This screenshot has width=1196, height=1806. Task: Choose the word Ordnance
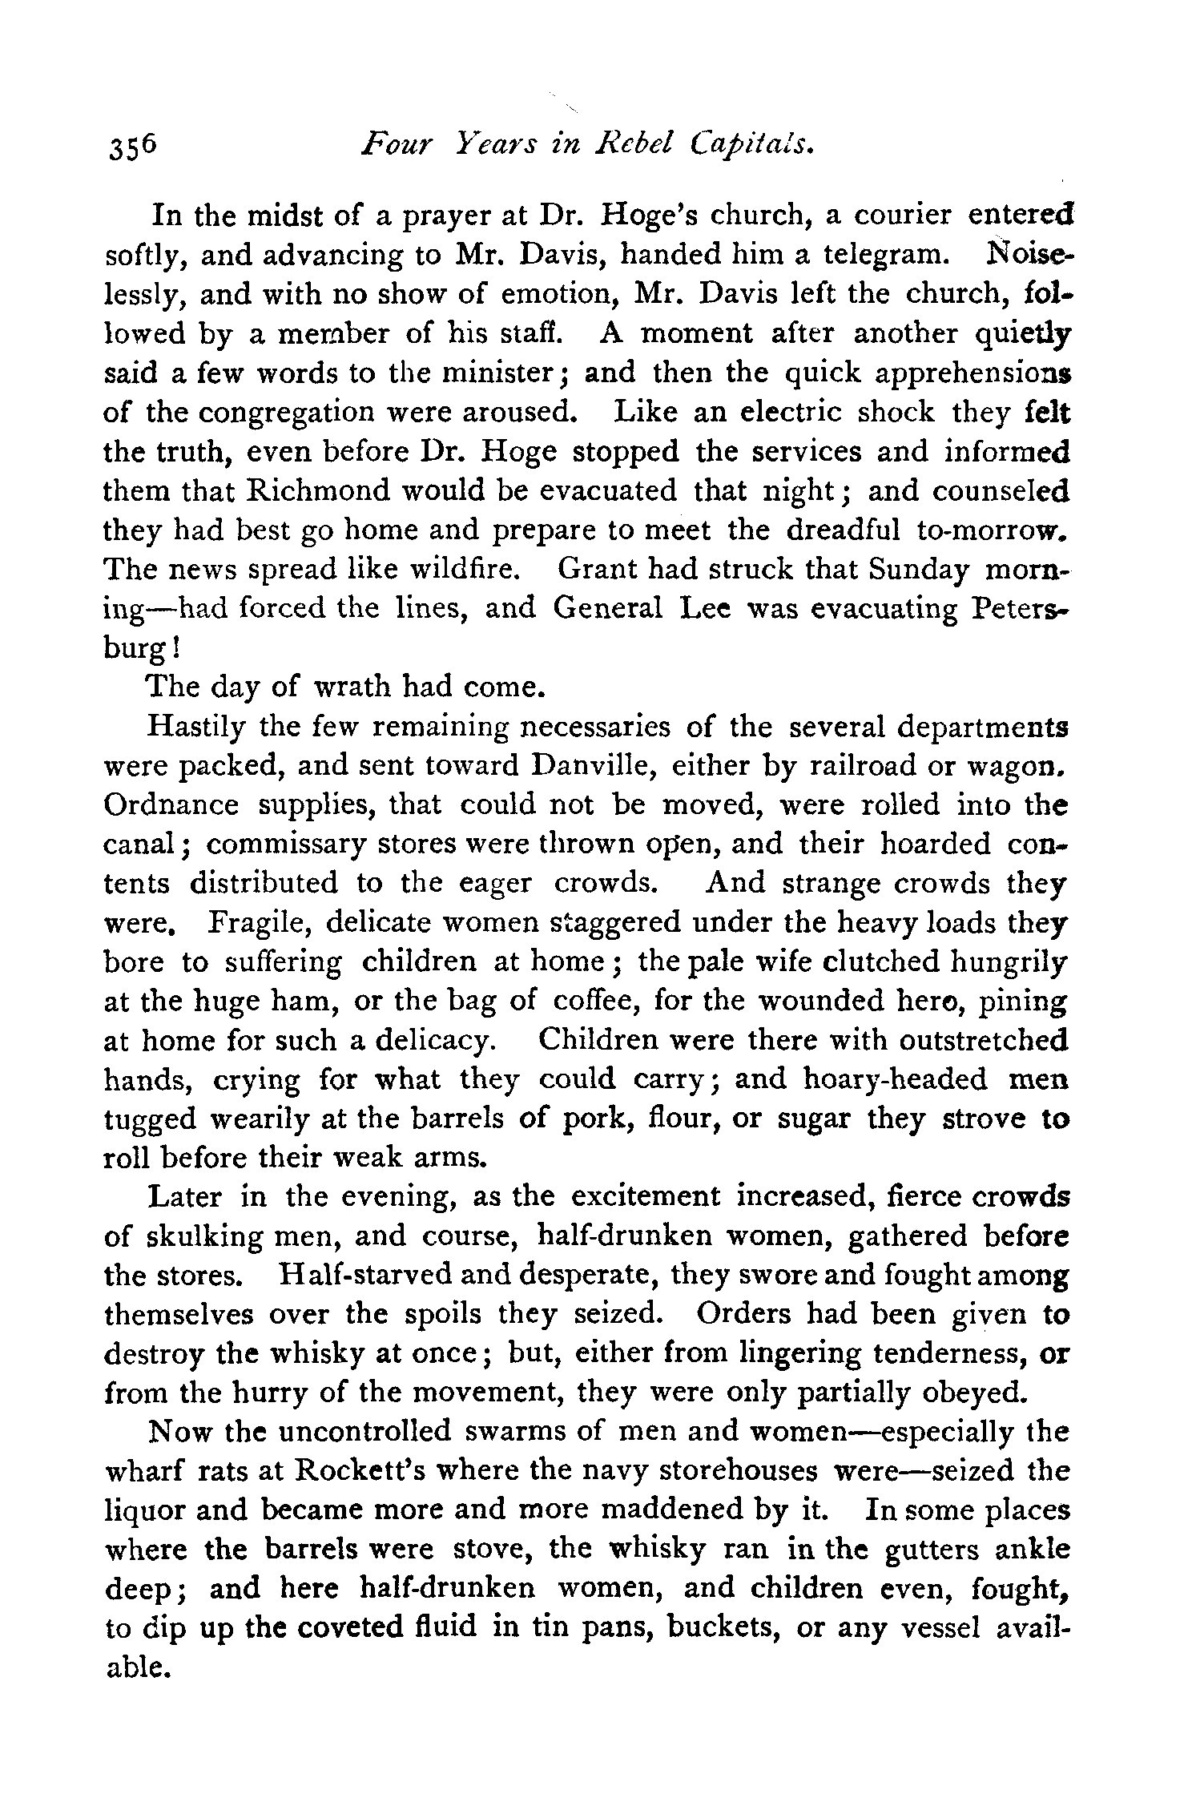(171, 805)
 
